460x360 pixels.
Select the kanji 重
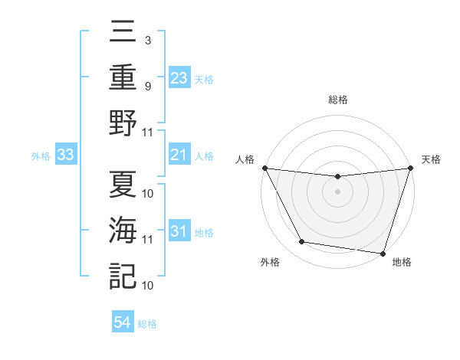click(123, 77)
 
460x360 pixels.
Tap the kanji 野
click(123, 123)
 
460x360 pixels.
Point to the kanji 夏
click(123, 185)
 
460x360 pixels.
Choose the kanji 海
click(123, 230)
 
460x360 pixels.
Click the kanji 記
click(123, 275)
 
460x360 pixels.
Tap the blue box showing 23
click(179, 77)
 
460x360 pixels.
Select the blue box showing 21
click(179, 155)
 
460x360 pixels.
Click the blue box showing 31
click(179, 231)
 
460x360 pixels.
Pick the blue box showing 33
click(65, 155)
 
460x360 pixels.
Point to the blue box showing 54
click(122, 323)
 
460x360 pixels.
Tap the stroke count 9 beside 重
click(148, 86)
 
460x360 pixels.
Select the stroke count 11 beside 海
click(148, 240)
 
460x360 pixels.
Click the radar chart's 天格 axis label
click(431, 159)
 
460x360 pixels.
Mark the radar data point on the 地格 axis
click(383, 253)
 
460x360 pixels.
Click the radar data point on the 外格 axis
click(302, 242)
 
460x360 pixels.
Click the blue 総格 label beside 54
click(148, 324)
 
